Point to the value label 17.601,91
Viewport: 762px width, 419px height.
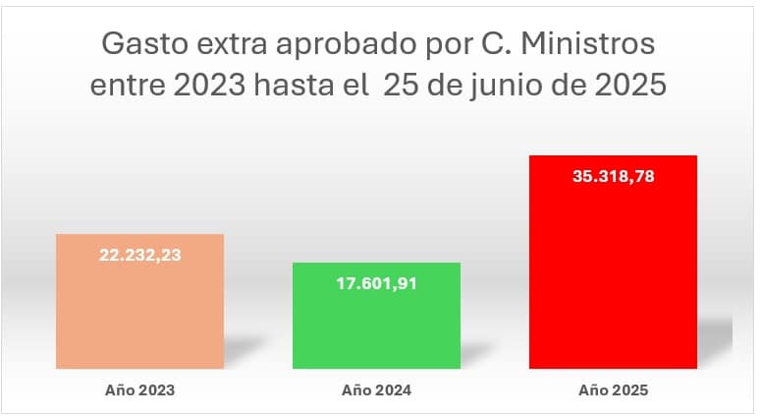point(377,285)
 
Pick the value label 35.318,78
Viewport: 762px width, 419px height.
point(613,178)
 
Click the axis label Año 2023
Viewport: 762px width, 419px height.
point(140,389)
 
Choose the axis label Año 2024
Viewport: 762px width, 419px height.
point(377,389)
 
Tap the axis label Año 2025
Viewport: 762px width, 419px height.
point(613,389)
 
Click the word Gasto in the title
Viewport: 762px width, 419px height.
point(143,44)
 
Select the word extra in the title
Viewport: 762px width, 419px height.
point(232,44)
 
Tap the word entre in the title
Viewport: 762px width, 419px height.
point(127,86)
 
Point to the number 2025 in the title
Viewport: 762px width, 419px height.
point(630,86)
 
